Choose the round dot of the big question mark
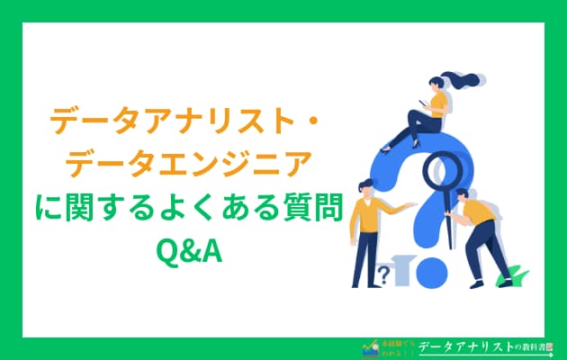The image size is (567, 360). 429,271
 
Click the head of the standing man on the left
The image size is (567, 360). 367,190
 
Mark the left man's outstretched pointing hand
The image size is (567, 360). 411,206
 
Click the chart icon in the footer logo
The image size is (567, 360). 369,346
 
